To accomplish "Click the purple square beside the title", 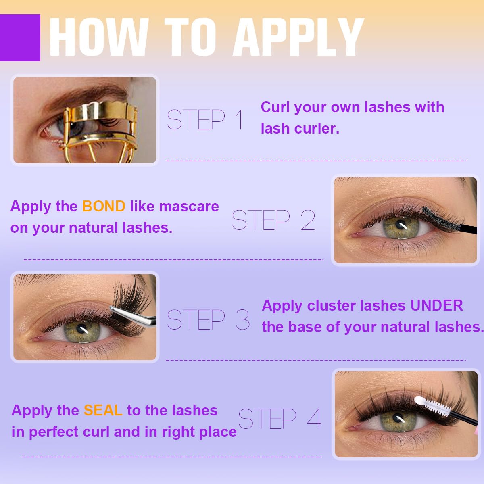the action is [x=20, y=38].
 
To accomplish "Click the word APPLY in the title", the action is [x=298, y=37].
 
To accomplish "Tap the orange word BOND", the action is [x=104, y=206].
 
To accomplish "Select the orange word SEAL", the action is [x=103, y=410].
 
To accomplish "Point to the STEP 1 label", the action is [x=205, y=119].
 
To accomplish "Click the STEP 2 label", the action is [x=273, y=220].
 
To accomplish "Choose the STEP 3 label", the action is [x=208, y=319].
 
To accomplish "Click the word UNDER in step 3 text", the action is [x=436, y=305].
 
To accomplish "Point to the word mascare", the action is [x=189, y=207].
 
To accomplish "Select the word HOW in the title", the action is [x=99, y=37].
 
